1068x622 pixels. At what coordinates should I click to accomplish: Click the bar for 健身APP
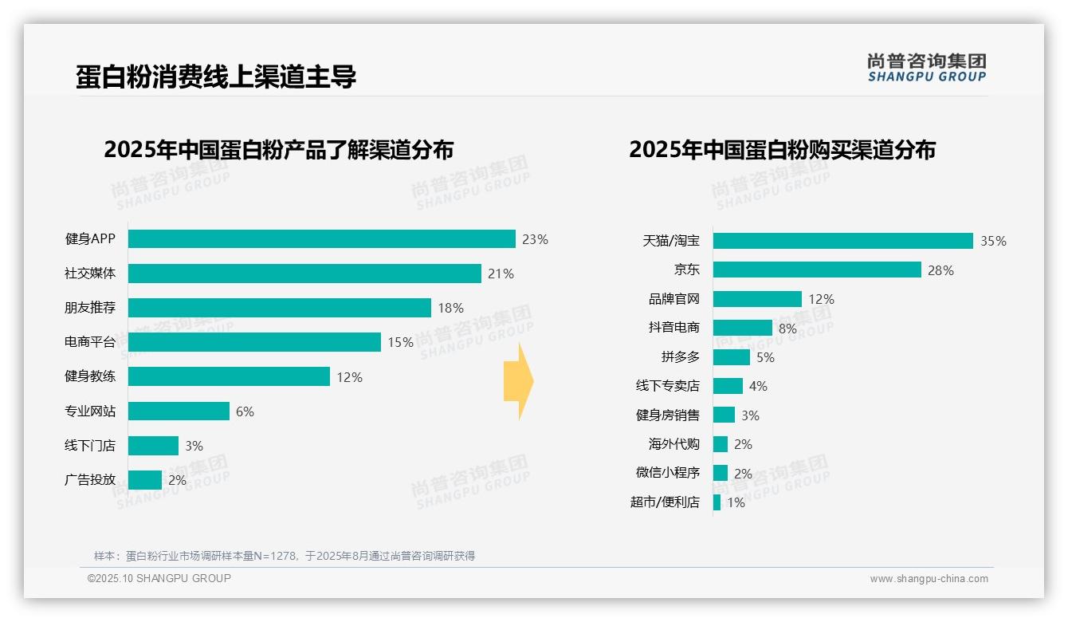coord(321,239)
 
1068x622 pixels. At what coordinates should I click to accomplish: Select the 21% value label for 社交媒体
coord(501,274)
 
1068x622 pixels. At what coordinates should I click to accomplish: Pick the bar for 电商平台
coord(254,342)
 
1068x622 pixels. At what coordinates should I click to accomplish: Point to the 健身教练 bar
coord(229,376)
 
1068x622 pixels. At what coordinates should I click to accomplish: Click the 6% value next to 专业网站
coord(245,411)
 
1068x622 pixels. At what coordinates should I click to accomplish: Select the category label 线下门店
coord(90,446)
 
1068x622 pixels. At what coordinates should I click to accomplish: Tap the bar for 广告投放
coord(145,480)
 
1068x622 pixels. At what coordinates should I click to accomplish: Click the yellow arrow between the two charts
coord(518,381)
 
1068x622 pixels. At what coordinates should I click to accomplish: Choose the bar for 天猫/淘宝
coord(842,241)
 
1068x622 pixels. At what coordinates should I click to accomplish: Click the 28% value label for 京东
coord(940,270)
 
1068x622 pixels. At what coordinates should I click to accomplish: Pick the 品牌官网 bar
coord(757,299)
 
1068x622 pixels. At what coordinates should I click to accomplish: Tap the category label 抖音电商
coord(673,328)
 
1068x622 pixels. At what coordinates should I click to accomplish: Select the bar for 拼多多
coord(731,357)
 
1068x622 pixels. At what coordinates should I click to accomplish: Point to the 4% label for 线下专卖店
coord(758,386)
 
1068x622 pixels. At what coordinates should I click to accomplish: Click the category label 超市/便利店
coord(665,502)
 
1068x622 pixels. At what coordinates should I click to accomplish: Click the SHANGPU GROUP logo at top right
coord(926,67)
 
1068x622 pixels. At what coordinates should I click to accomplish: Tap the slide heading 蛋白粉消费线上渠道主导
coord(216,77)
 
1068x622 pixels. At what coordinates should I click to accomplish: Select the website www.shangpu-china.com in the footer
coord(929,579)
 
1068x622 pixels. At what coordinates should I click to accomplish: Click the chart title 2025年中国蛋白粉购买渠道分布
coord(782,150)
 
